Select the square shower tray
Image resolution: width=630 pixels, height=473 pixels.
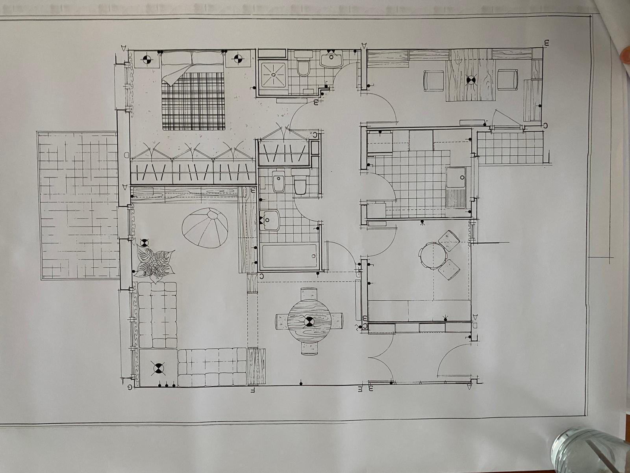click(272, 73)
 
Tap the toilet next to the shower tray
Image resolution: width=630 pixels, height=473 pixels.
click(304, 67)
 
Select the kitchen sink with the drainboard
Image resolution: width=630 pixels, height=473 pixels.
click(456, 187)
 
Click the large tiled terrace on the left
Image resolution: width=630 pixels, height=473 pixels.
click(79, 205)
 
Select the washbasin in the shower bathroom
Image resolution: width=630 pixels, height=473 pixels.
click(332, 59)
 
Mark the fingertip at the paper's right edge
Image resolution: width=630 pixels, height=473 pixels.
click(625, 55)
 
